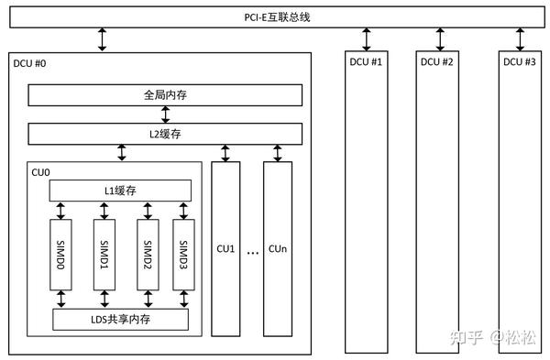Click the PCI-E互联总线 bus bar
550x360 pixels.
tap(275, 16)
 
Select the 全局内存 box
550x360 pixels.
tap(166, 95)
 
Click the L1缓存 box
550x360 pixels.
tap(120, 190)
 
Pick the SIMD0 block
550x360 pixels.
tap(60, 255)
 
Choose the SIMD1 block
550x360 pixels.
tap(105, 255)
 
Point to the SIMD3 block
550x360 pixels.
tap(183, 255)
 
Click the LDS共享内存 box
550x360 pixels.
tap(120, 319)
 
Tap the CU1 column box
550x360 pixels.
tap(225, 249)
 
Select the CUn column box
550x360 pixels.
tap(278, 249)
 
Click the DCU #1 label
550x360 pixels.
tap(366, 62)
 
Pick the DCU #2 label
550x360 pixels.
tap(437, 62)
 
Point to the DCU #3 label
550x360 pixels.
tap(520, 62)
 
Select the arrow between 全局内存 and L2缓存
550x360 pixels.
tap(166, 115)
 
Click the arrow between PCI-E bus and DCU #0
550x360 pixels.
tap(103, 39)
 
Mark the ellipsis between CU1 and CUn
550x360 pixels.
tap(252, 251)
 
